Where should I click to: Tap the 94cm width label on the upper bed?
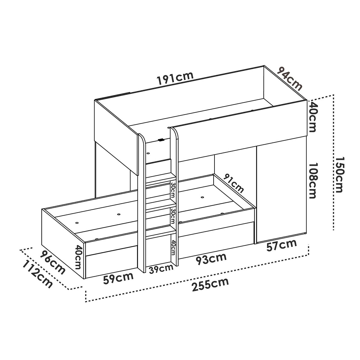(289, 79)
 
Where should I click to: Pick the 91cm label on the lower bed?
(233, 183)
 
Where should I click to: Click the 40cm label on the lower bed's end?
(78, 257)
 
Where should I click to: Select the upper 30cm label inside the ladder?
(172, 189)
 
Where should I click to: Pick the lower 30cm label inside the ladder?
(172, 216)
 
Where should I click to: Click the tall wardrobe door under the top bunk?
(281, 193)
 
